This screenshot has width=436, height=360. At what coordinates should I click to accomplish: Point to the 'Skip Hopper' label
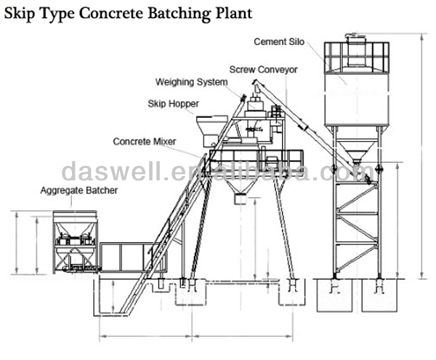173,103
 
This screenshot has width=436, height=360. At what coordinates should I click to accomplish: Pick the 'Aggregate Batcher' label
78,191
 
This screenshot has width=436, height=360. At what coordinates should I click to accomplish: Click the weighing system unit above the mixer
255,108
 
